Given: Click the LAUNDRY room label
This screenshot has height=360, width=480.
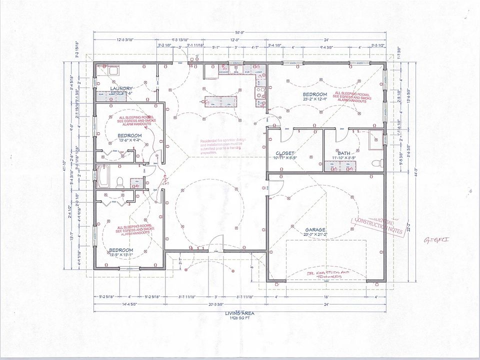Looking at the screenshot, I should coord(121,88).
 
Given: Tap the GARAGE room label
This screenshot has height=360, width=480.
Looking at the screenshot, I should coord(315,229).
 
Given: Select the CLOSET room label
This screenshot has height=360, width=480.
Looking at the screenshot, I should coord(284,153).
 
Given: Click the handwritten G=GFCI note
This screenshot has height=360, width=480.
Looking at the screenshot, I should coord(436,239).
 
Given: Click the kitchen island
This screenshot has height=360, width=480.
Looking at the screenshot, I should coord(218,101).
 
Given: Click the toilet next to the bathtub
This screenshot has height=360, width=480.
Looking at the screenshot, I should coord(120,182).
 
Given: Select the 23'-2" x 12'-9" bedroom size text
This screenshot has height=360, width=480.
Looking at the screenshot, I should coord(315,99).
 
